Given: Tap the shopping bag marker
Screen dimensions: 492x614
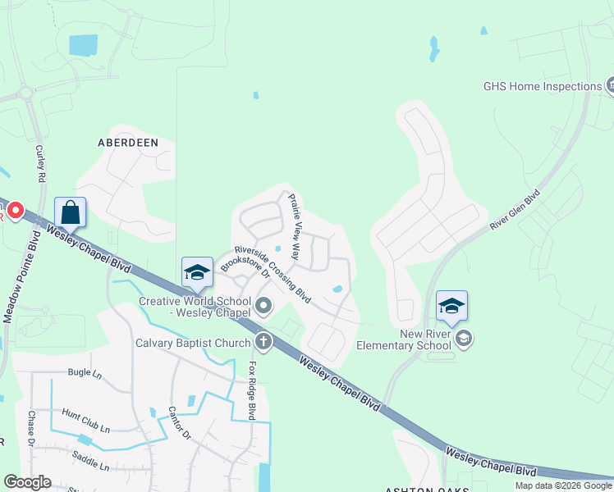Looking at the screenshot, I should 71,212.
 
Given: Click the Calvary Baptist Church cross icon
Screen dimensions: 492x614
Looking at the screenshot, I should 263,339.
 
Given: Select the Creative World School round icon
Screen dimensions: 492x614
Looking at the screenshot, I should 263,307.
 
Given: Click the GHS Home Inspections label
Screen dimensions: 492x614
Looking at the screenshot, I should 543,86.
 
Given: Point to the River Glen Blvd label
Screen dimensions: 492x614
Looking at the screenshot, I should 515,209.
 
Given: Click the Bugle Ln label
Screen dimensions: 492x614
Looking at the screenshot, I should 85,372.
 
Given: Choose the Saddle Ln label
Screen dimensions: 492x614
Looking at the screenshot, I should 90,460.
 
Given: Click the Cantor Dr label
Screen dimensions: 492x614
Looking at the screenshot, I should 179,422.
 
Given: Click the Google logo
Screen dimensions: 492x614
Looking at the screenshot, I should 28,482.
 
